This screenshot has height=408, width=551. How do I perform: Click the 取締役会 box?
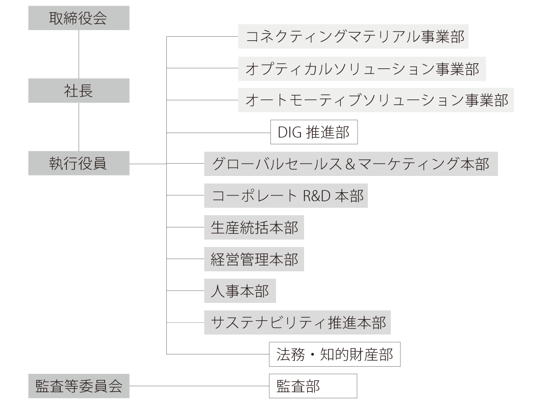pos(79,18)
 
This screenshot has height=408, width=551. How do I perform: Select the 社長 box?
pos(79,91)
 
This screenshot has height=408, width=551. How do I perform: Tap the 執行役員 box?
pos(79,163)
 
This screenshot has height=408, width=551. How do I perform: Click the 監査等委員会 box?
pos(79,386)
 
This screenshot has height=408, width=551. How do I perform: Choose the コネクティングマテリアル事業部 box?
pos(353,36)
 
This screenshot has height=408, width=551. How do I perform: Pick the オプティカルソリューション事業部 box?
pos(362,69)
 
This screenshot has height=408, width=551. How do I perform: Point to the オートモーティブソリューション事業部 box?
pos(376,100)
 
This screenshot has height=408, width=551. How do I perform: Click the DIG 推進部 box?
pos(314,132)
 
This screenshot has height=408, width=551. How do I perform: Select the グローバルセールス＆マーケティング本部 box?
pos(351,164)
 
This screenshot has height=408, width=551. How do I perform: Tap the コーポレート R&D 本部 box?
pos(286,195)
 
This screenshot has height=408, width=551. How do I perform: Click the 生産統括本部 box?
pos(254,227)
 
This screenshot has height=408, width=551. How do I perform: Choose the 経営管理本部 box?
pos(254,259)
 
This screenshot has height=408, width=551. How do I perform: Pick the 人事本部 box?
pos(240,291)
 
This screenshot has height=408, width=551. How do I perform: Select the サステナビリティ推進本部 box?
pos(297,322)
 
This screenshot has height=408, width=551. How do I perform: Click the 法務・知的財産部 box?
pos(335,354)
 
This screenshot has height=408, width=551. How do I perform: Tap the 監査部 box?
pos(313,386)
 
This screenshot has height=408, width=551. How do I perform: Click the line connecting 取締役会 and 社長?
pos(79,54)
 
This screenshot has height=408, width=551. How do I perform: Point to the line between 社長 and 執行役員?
pos(79,127)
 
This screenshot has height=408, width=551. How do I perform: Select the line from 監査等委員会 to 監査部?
pos(199,386)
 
